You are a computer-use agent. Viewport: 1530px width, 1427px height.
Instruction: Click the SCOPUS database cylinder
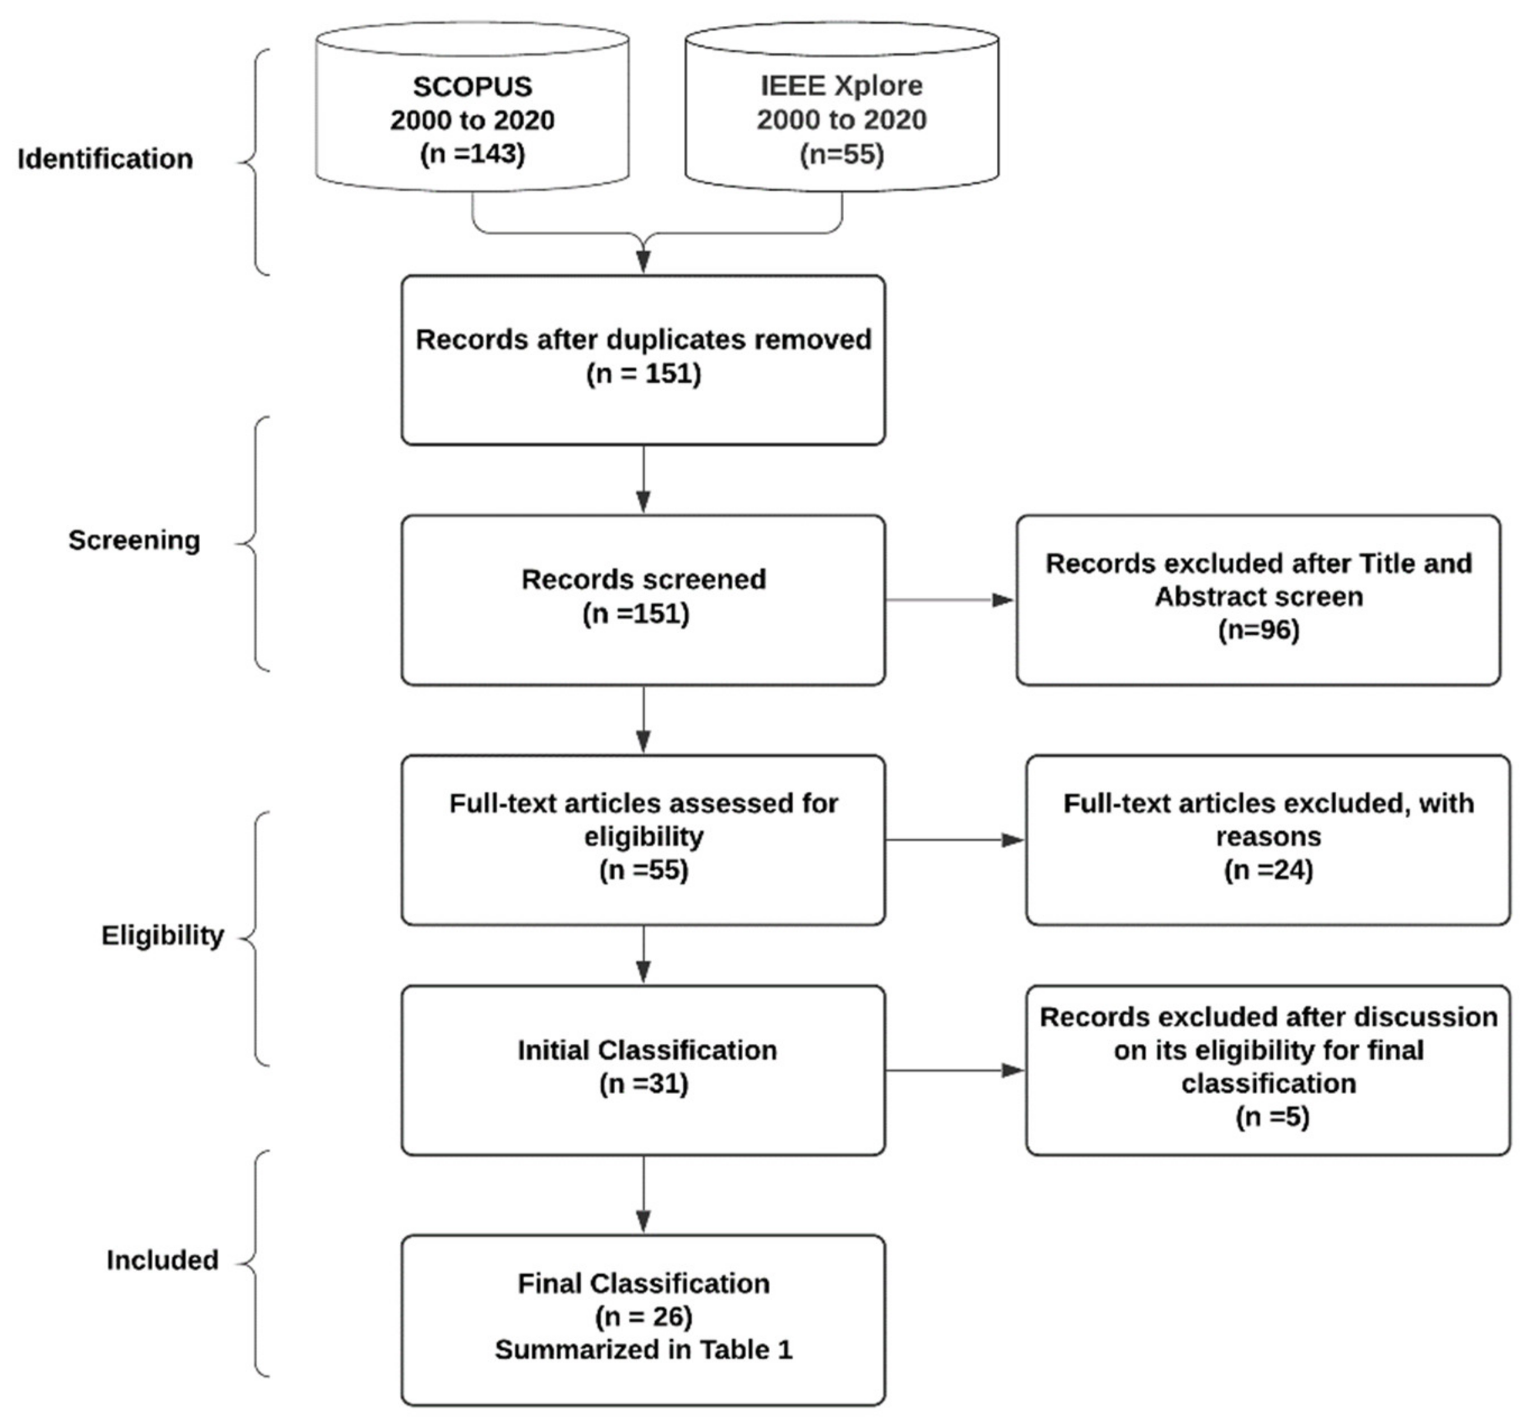coord(472,108)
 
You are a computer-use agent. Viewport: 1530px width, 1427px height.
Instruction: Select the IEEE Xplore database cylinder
coord(841,108)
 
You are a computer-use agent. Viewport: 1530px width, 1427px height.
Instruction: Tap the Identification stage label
coord(105,159)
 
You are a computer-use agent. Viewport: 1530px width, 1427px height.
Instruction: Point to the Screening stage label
coord(134,540)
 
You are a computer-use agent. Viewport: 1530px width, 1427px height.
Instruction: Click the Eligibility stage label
coord(163,935)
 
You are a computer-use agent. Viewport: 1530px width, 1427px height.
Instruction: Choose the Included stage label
coord(163,1260)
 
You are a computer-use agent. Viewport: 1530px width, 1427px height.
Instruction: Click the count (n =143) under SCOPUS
coord(472,154)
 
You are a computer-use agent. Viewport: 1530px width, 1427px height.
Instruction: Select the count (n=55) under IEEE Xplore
coord(841,155)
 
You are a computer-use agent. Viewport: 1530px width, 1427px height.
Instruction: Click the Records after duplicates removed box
coord(643,360)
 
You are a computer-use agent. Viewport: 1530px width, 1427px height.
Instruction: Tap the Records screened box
coord(643,600)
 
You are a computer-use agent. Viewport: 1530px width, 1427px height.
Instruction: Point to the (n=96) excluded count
coord(1259,630)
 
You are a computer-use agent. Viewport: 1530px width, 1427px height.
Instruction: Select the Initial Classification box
coord(643,1070)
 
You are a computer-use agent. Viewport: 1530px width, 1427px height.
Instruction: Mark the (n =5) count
coord(1272,1117)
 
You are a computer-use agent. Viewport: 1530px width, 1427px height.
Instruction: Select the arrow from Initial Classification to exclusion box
coord(955,1070)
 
